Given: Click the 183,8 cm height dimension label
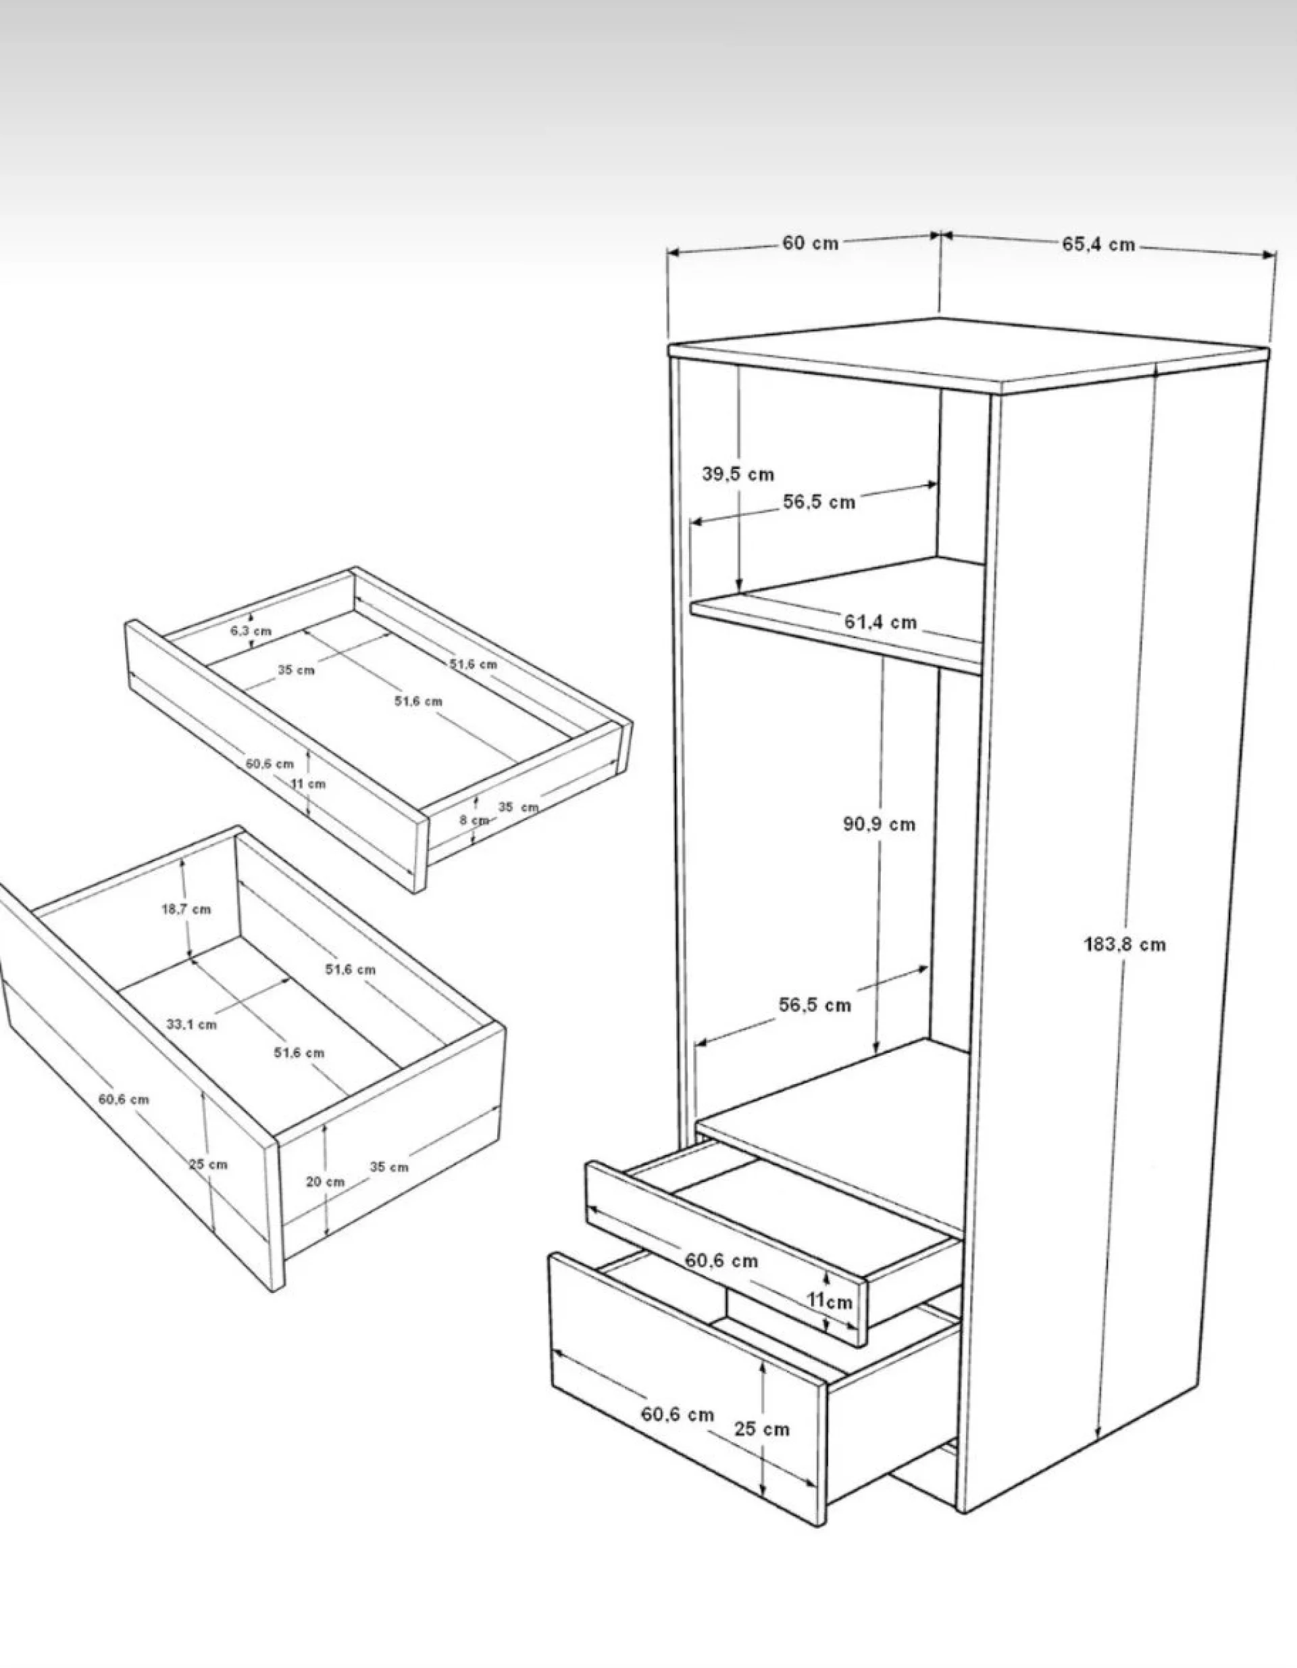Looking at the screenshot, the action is point(1125,945).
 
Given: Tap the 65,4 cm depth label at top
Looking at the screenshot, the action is point(1098,245).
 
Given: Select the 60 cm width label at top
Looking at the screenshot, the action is point(810,243).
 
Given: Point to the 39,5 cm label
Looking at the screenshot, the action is point(738,474).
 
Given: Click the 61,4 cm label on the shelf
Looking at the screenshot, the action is point(880,622).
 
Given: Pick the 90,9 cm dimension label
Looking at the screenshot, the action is point(879,824).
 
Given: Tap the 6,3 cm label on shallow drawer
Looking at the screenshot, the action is point(251,631).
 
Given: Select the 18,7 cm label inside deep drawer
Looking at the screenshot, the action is point(186,909).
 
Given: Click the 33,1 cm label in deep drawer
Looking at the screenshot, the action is point(192,1024).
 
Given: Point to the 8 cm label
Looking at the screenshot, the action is point(474,820).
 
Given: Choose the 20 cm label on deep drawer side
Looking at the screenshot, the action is point(325,1181).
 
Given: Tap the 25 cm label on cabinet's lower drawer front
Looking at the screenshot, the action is point(762,1429).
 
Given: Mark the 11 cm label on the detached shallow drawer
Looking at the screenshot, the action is point(309,783).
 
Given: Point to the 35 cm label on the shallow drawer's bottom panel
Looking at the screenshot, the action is point(296,670).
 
